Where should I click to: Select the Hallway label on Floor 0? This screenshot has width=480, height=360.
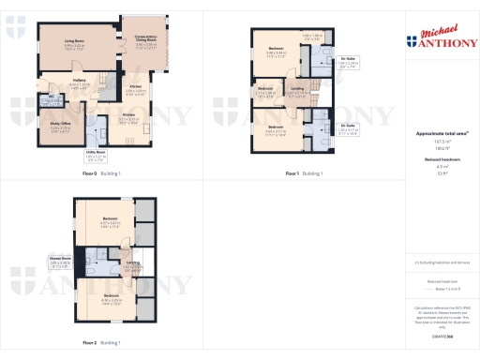[x=80, y=82]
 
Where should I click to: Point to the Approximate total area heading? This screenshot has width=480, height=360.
[x=436, y=134]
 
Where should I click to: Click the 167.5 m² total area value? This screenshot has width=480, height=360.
[x=436, y=142]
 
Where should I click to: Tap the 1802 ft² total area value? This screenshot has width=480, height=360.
[x=436, y=148]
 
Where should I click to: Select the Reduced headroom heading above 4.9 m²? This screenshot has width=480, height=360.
[x=436, y=159]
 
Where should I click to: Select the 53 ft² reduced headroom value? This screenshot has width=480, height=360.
[x=436, y=173]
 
